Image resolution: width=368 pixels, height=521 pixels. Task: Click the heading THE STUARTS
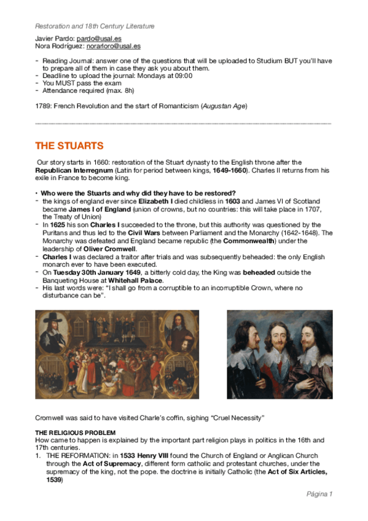tap(69, 146)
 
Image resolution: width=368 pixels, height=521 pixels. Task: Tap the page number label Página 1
tap(319, 493)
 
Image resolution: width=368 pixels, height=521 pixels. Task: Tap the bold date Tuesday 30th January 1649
tap(95, 272)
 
